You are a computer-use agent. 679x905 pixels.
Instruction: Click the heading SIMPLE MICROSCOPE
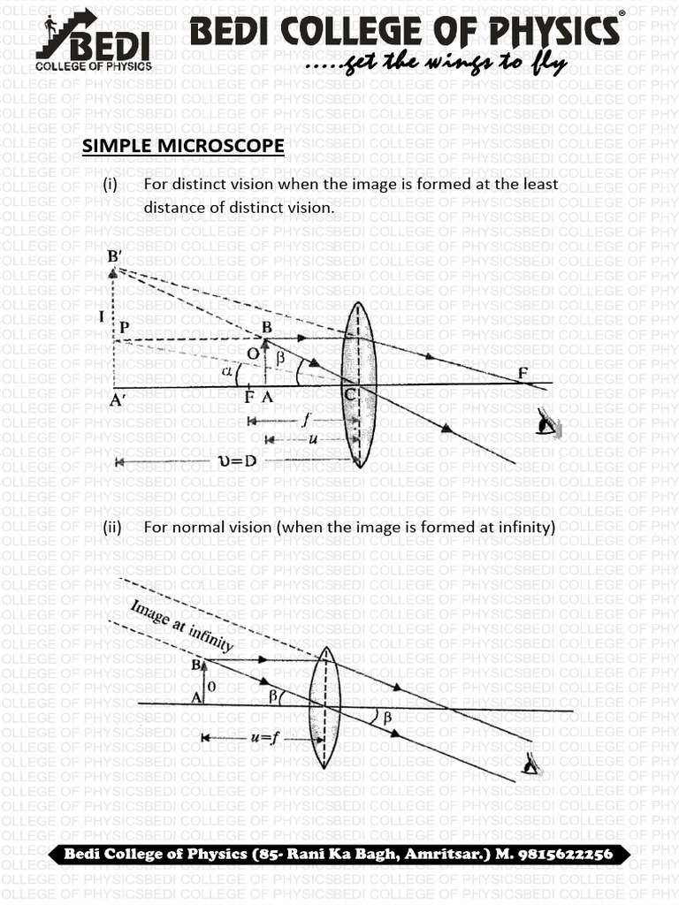[183, 146]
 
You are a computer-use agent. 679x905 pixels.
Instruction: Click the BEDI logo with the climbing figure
[93, 40]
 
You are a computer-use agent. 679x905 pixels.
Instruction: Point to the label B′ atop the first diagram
[115, 256]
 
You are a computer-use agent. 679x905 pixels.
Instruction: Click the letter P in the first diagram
[125, 326]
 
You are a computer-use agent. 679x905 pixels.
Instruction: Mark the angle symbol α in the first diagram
[228, 372]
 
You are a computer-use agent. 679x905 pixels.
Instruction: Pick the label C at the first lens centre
[350, 397]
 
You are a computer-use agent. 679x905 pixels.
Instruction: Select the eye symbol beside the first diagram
[549, 426]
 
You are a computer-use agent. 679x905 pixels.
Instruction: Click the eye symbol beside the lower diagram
[532, 762]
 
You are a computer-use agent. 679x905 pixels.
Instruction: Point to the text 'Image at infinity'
[182, 626]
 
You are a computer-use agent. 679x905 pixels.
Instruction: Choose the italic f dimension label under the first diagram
[304, 421]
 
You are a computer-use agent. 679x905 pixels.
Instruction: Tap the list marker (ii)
[111, 528]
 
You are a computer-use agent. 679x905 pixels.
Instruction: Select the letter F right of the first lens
[523, 373]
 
